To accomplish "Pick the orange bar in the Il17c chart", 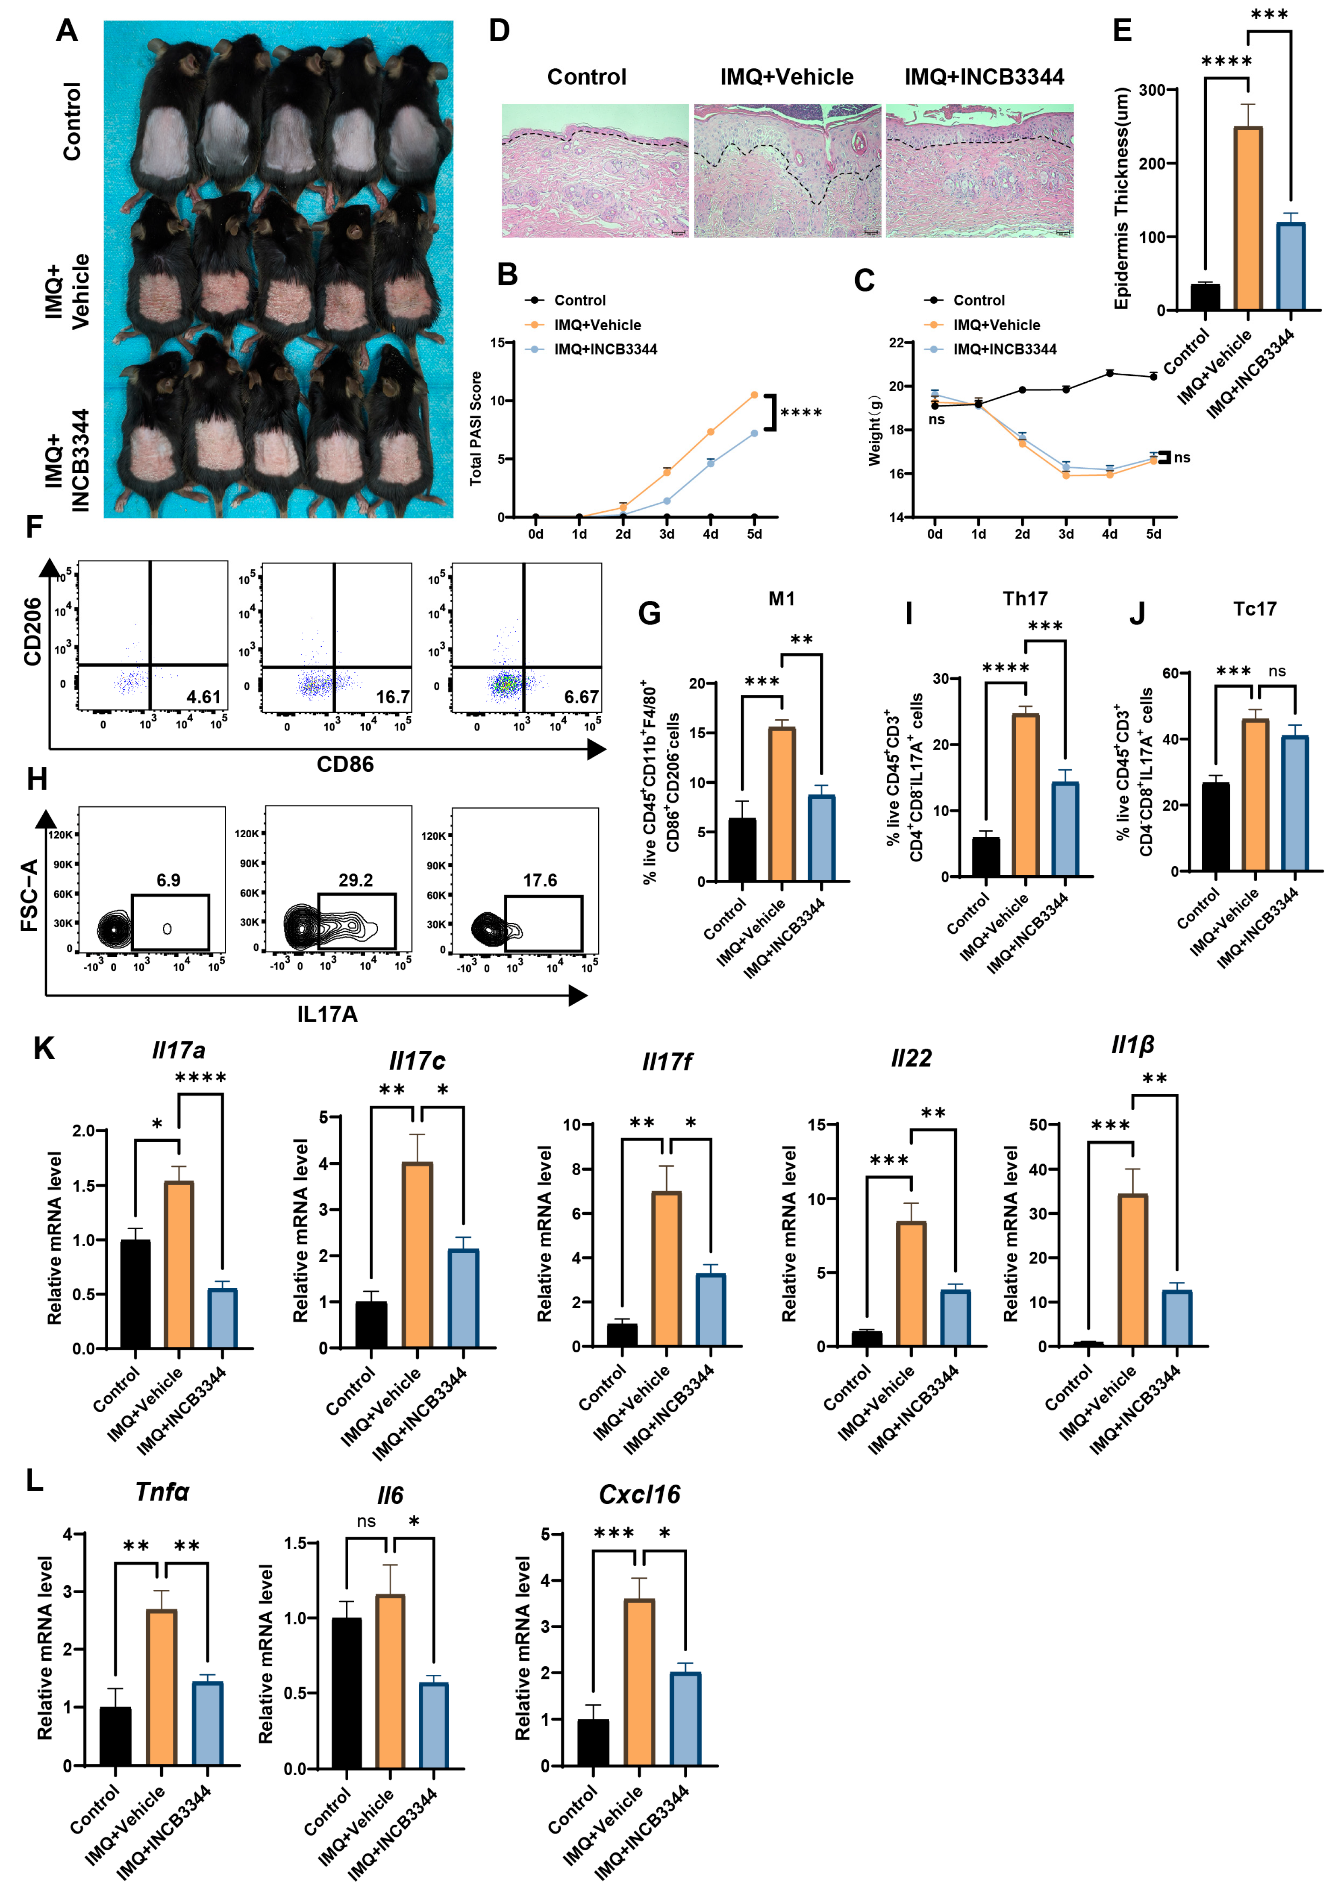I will point(417,1255).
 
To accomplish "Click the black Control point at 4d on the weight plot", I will point(1110,373).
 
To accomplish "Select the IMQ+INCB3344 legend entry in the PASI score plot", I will point(605,349).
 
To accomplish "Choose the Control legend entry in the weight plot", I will point(979,300).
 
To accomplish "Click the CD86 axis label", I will point(345,764).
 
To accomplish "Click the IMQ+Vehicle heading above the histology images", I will point(786,77).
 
